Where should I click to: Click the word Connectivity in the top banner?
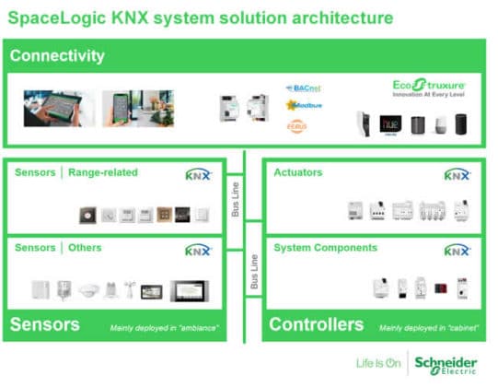click(57, 56)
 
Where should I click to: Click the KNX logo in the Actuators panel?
click(457, 174)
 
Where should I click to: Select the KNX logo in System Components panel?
click(457, 250)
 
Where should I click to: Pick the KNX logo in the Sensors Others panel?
click(198, 250)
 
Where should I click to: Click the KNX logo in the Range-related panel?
click(198, 174)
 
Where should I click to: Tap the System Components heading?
click(326, 248)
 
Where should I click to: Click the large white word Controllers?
click(317, 324)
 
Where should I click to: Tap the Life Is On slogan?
click(378, 362)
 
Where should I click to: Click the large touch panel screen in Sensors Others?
click(189, 291)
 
